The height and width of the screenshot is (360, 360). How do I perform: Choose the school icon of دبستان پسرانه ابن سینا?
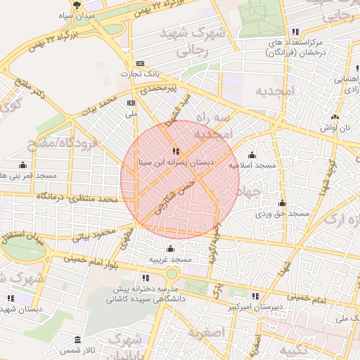click(x=176, y=151)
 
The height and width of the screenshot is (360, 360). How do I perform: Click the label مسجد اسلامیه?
click(x=251, y=165)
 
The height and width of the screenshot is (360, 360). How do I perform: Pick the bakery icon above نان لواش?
click(x=335, y=117)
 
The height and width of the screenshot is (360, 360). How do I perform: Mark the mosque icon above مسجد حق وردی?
click(x=283, y=202)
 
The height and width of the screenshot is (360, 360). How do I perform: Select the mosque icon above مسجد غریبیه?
click(x=170, y=248)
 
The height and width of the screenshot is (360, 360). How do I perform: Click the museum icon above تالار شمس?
click(x=78, y=339)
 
